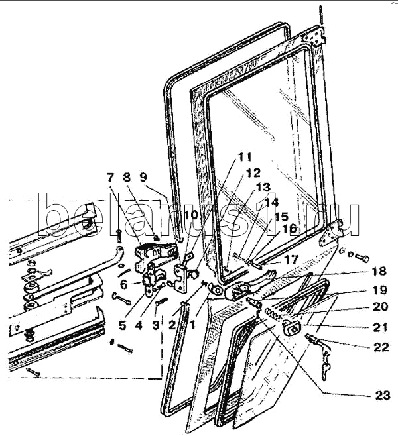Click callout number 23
pyautogui.click(x=383, y=395)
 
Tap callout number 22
pyautogui.click(x=381, y=347)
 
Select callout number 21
pyautogui.click(x=380, y=327)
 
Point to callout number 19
pyautogui.click(x=379, y=290)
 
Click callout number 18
pyautogui.click(x=379, y=271)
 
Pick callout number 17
pyautogui.click(x=291, y=260)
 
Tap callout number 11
pyautogui.click(x=244, y=157)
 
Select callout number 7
pyautogui.click(x=110, y=177)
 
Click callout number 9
pyautogui.click(x=143, y=177)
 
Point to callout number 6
pyautogui.click(x=124, y=284)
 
